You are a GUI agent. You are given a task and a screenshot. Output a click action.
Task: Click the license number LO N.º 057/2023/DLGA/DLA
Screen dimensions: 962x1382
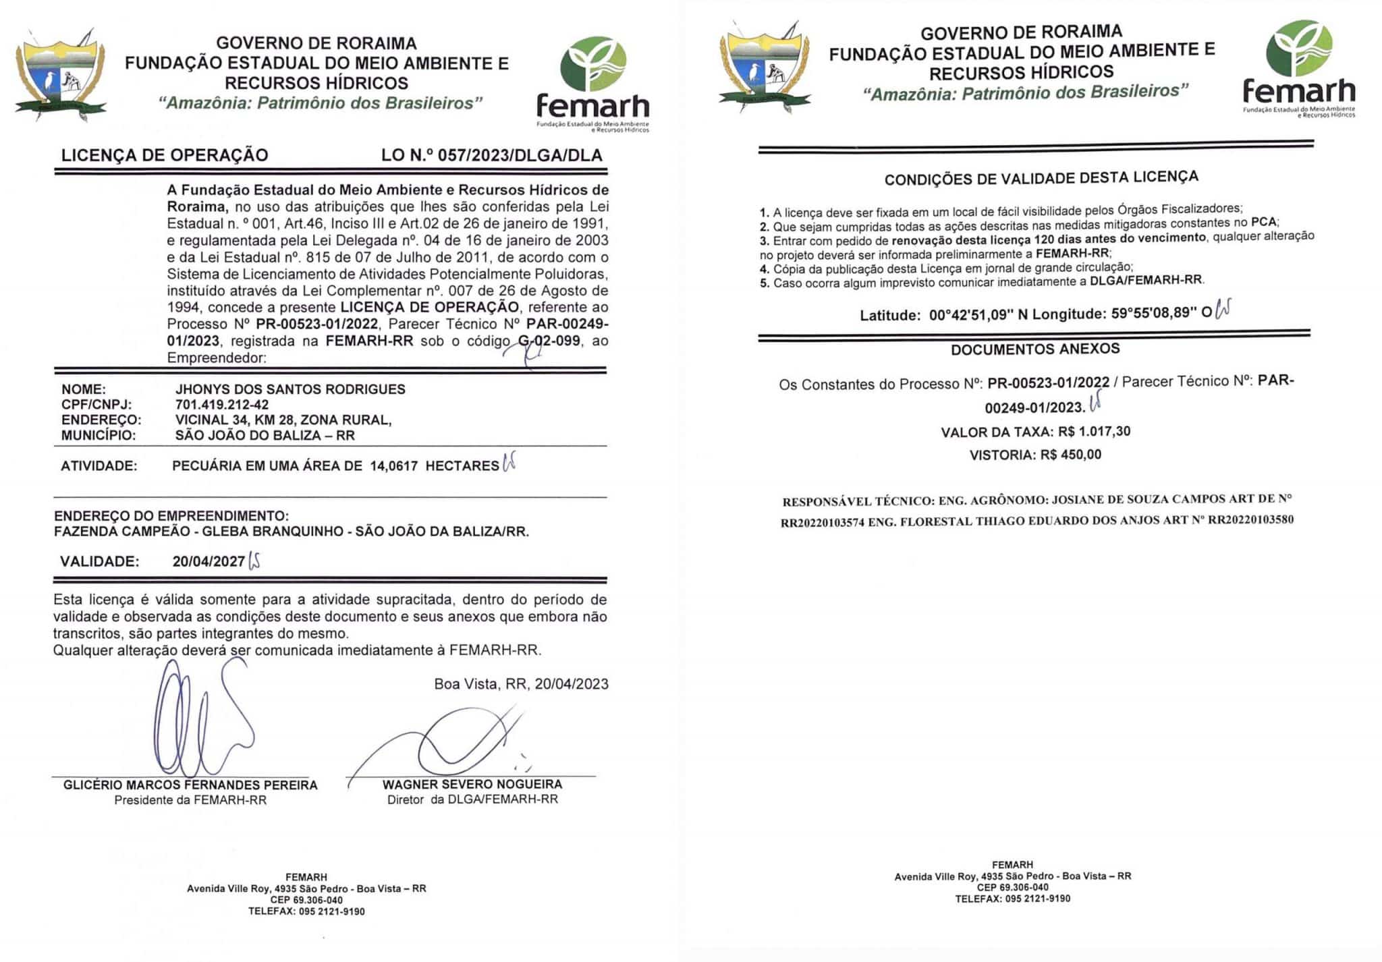[491, 155]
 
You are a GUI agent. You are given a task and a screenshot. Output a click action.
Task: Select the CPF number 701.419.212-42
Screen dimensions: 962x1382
[222, 405]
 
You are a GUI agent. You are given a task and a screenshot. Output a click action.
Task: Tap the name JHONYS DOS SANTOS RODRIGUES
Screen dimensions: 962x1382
[290, 389]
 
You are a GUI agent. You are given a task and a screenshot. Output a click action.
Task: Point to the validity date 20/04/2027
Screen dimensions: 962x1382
[209, 561]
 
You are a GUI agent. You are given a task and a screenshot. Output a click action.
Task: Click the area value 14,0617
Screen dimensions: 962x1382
[393, 465]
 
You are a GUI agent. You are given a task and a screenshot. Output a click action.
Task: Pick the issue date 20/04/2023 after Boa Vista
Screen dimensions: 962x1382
[572, 684]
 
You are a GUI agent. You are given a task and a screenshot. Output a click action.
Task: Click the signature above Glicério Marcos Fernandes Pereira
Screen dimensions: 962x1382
[199, 722]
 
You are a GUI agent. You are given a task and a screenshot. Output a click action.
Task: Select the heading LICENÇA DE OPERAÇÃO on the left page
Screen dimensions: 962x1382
[165, 155]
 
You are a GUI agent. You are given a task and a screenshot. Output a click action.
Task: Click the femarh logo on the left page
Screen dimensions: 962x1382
[593, 84]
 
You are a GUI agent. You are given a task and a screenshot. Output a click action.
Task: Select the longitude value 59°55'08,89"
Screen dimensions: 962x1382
[1154, 313]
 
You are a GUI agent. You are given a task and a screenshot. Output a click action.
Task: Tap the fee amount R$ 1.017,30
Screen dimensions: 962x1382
[1094, 431]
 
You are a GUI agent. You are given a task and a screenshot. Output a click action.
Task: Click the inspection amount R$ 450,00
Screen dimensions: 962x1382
[1070, 455]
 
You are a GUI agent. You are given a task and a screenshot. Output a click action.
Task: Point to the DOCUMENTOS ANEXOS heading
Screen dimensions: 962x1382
[1035, 349]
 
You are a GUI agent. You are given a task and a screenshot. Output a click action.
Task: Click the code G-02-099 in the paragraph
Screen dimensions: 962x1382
[549, 341]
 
